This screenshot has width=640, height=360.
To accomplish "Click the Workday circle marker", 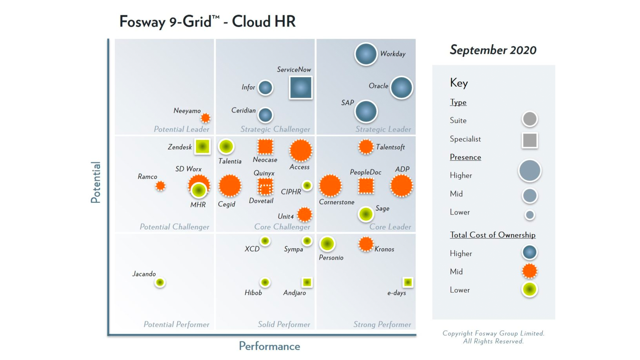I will [x=366, y=54].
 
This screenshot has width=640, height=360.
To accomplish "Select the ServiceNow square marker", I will [x=301, y=87].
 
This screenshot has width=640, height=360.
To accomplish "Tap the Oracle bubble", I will [x=401, y=87].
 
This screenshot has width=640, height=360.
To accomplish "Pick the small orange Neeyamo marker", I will [x=205, y=118].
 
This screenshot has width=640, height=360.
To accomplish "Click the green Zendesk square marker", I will [x=202, y=146].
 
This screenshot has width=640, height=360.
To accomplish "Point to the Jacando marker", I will [x=160, y=282].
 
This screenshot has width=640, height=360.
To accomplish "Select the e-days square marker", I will [x=408, y=282].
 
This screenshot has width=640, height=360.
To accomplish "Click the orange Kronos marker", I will [x=366, y=244].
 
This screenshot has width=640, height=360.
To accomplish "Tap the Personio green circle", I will [x=327, y=244].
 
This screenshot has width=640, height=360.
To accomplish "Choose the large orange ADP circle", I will [x=401, y=185].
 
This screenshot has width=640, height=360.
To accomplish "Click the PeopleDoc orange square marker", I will [x=366, y=185].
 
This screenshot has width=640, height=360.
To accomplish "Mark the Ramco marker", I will [x=160, y=185].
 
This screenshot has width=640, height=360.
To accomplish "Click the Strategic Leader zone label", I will [x=383, y=129].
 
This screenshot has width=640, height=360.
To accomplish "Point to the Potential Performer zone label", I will [x=176, y=324].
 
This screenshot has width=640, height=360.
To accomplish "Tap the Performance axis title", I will [x=269, y=346].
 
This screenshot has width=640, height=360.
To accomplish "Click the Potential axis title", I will [x=95, y=182].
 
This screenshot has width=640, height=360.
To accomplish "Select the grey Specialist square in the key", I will [x=529, y=140].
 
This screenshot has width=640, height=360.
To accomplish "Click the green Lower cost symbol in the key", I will [x=529, y=289].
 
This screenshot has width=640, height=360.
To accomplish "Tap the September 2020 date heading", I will [x=493, y=50].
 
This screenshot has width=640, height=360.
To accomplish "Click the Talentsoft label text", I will [x=390, y=147].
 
